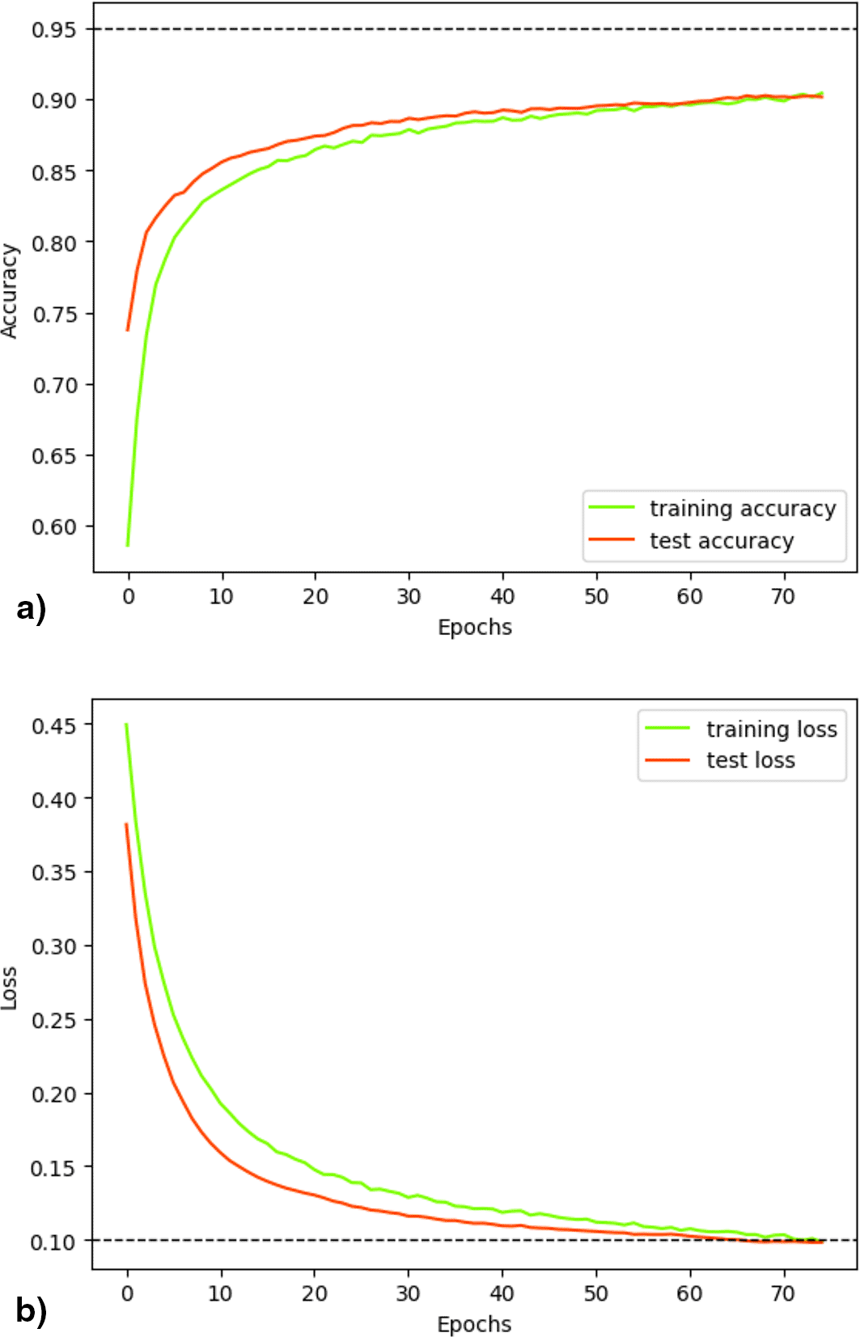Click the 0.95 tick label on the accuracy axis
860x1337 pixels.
(x=53, y=30)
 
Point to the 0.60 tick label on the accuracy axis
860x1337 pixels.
(x=53, y=527)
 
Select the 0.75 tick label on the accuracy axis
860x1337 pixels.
(x=53, y=314)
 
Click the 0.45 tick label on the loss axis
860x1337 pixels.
(x=53, y=726)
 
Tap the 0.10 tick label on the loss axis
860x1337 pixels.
(x=53, y=1242)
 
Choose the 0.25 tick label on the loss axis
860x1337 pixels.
(x=53, y=1020)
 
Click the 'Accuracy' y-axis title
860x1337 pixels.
(x=10, y=291)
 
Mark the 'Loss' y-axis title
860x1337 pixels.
(x=10, y=988)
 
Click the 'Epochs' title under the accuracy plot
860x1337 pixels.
(x=475, y=628)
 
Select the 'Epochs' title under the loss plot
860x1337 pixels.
(x=474, y=1324)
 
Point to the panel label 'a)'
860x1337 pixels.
(x=31, y=608)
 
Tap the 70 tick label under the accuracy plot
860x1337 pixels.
(x=783, y=597)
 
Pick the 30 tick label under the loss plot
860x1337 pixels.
(x=408, y=1293)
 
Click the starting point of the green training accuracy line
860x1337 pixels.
(x=128, y=545)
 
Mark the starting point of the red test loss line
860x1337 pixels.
(x=126, y=824)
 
